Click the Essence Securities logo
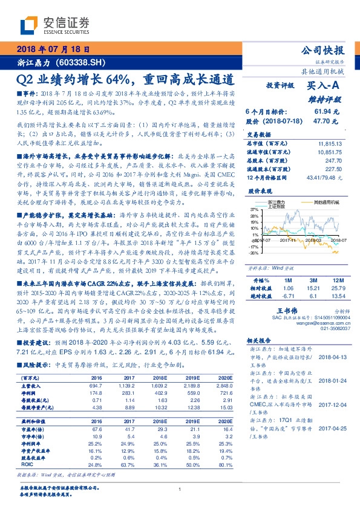(x=55, y=25)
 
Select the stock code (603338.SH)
(x=85, y=62)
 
